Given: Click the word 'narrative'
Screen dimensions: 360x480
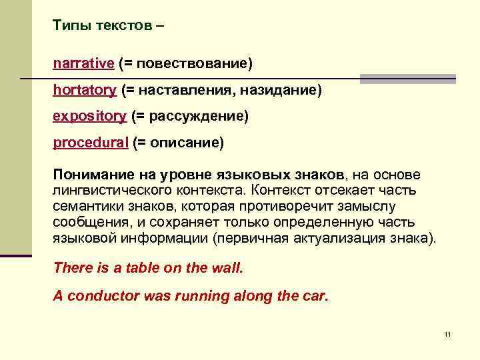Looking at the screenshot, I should tap(83, 63).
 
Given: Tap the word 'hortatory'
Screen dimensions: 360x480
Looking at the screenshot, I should tap(85, 89).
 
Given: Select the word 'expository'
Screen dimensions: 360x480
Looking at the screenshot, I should tap(89, 116).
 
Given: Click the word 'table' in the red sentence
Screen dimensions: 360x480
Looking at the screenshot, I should tap(133, 268).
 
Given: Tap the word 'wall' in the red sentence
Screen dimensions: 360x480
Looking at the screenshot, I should tap(227, 268).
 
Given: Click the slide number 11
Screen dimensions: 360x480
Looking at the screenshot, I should tap(447, 334).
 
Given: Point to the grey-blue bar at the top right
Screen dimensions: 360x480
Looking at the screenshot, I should tap(407, 79).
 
